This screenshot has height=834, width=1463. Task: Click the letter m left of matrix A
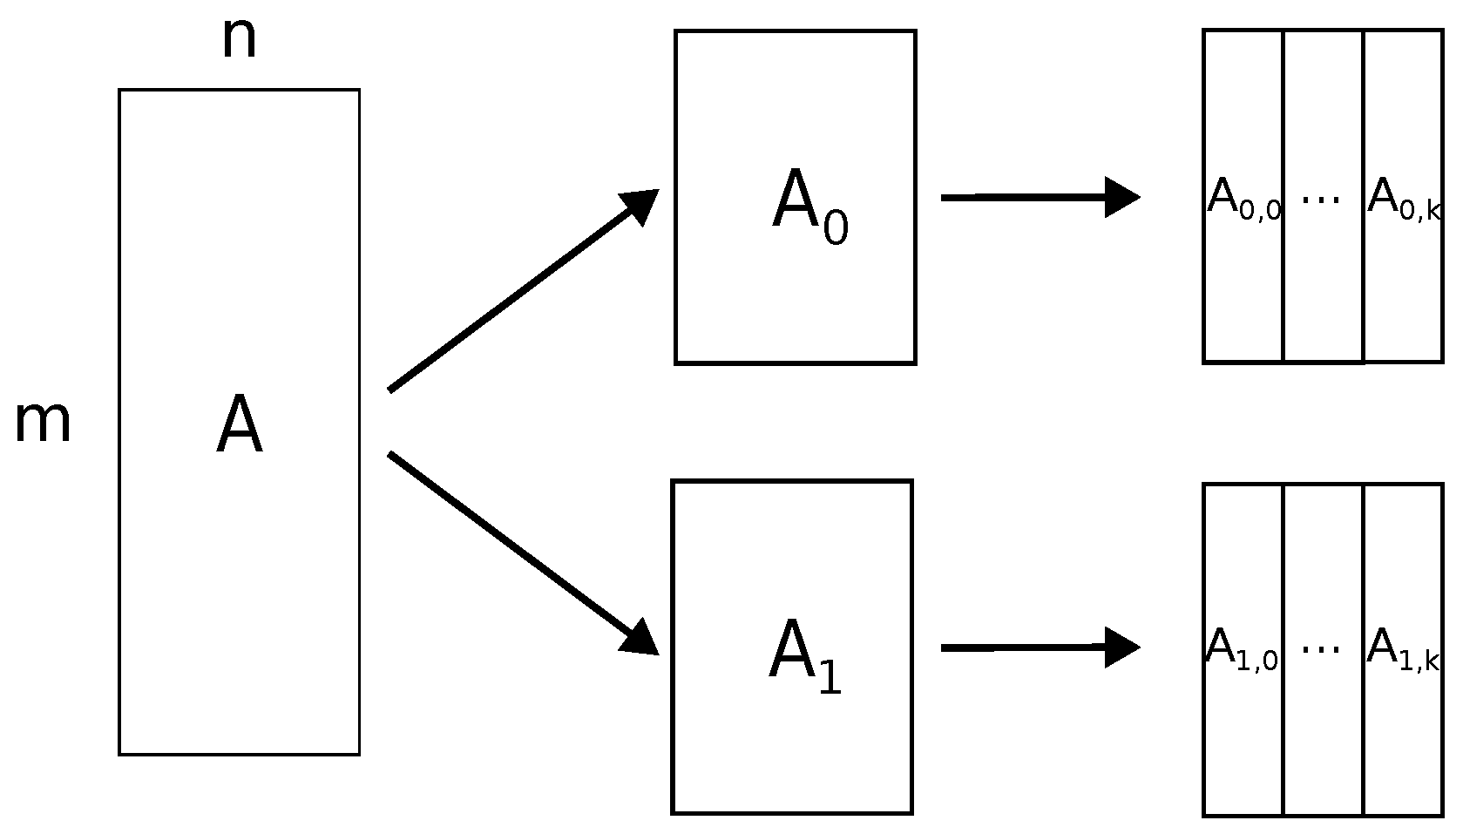pyautogui.click(x=42, y=424)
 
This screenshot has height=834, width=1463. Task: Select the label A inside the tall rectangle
pyautogui.click(x=239, y=426)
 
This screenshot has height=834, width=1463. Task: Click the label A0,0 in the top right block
pyautogui.click(x=1243, y=200)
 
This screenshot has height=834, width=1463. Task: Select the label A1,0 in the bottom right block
pyautogui.click(x=1242, y=651)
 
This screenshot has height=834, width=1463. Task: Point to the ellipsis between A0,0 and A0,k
pyautogui.click(x=1321, y=199)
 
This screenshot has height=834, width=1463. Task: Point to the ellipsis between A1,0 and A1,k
pyautogui.click(x=1321, y=648)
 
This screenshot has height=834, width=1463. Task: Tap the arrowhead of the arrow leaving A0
pyautogui.click(x=1121, y=197)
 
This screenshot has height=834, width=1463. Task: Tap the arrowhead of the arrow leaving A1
pyautogui.click(x=1121, y=648)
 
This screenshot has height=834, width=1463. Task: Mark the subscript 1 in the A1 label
pyautogui.click(x=830, y=678)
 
